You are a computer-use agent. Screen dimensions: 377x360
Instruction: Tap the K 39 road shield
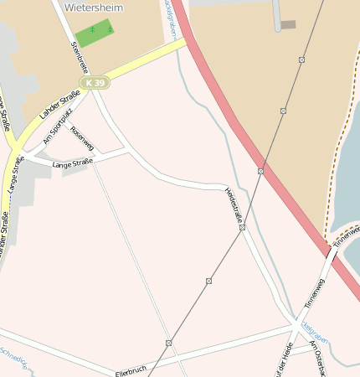96,82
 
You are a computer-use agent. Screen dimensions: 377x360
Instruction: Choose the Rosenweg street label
82,138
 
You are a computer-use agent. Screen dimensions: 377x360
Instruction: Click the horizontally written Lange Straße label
72,163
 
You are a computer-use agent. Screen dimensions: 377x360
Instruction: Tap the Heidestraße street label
234,204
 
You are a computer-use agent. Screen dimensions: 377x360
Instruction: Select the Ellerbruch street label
131,369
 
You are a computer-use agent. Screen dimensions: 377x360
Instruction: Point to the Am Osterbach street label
321,357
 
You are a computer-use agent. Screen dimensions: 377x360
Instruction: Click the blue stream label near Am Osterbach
315,333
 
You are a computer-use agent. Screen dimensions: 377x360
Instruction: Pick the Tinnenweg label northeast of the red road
346,235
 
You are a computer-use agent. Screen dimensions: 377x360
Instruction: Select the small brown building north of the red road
288,25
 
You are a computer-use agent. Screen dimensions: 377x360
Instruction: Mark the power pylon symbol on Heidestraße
242,227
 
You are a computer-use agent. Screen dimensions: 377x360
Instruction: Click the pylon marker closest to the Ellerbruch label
168,343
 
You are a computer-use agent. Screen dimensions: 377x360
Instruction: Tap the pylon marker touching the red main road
260,171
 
